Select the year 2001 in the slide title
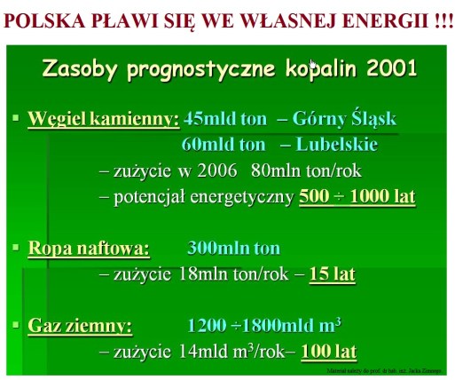(386, 69)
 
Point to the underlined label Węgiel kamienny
(104, 117)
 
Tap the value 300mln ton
(233, 248)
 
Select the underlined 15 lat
(332, 274)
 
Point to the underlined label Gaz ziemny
(80, 325)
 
